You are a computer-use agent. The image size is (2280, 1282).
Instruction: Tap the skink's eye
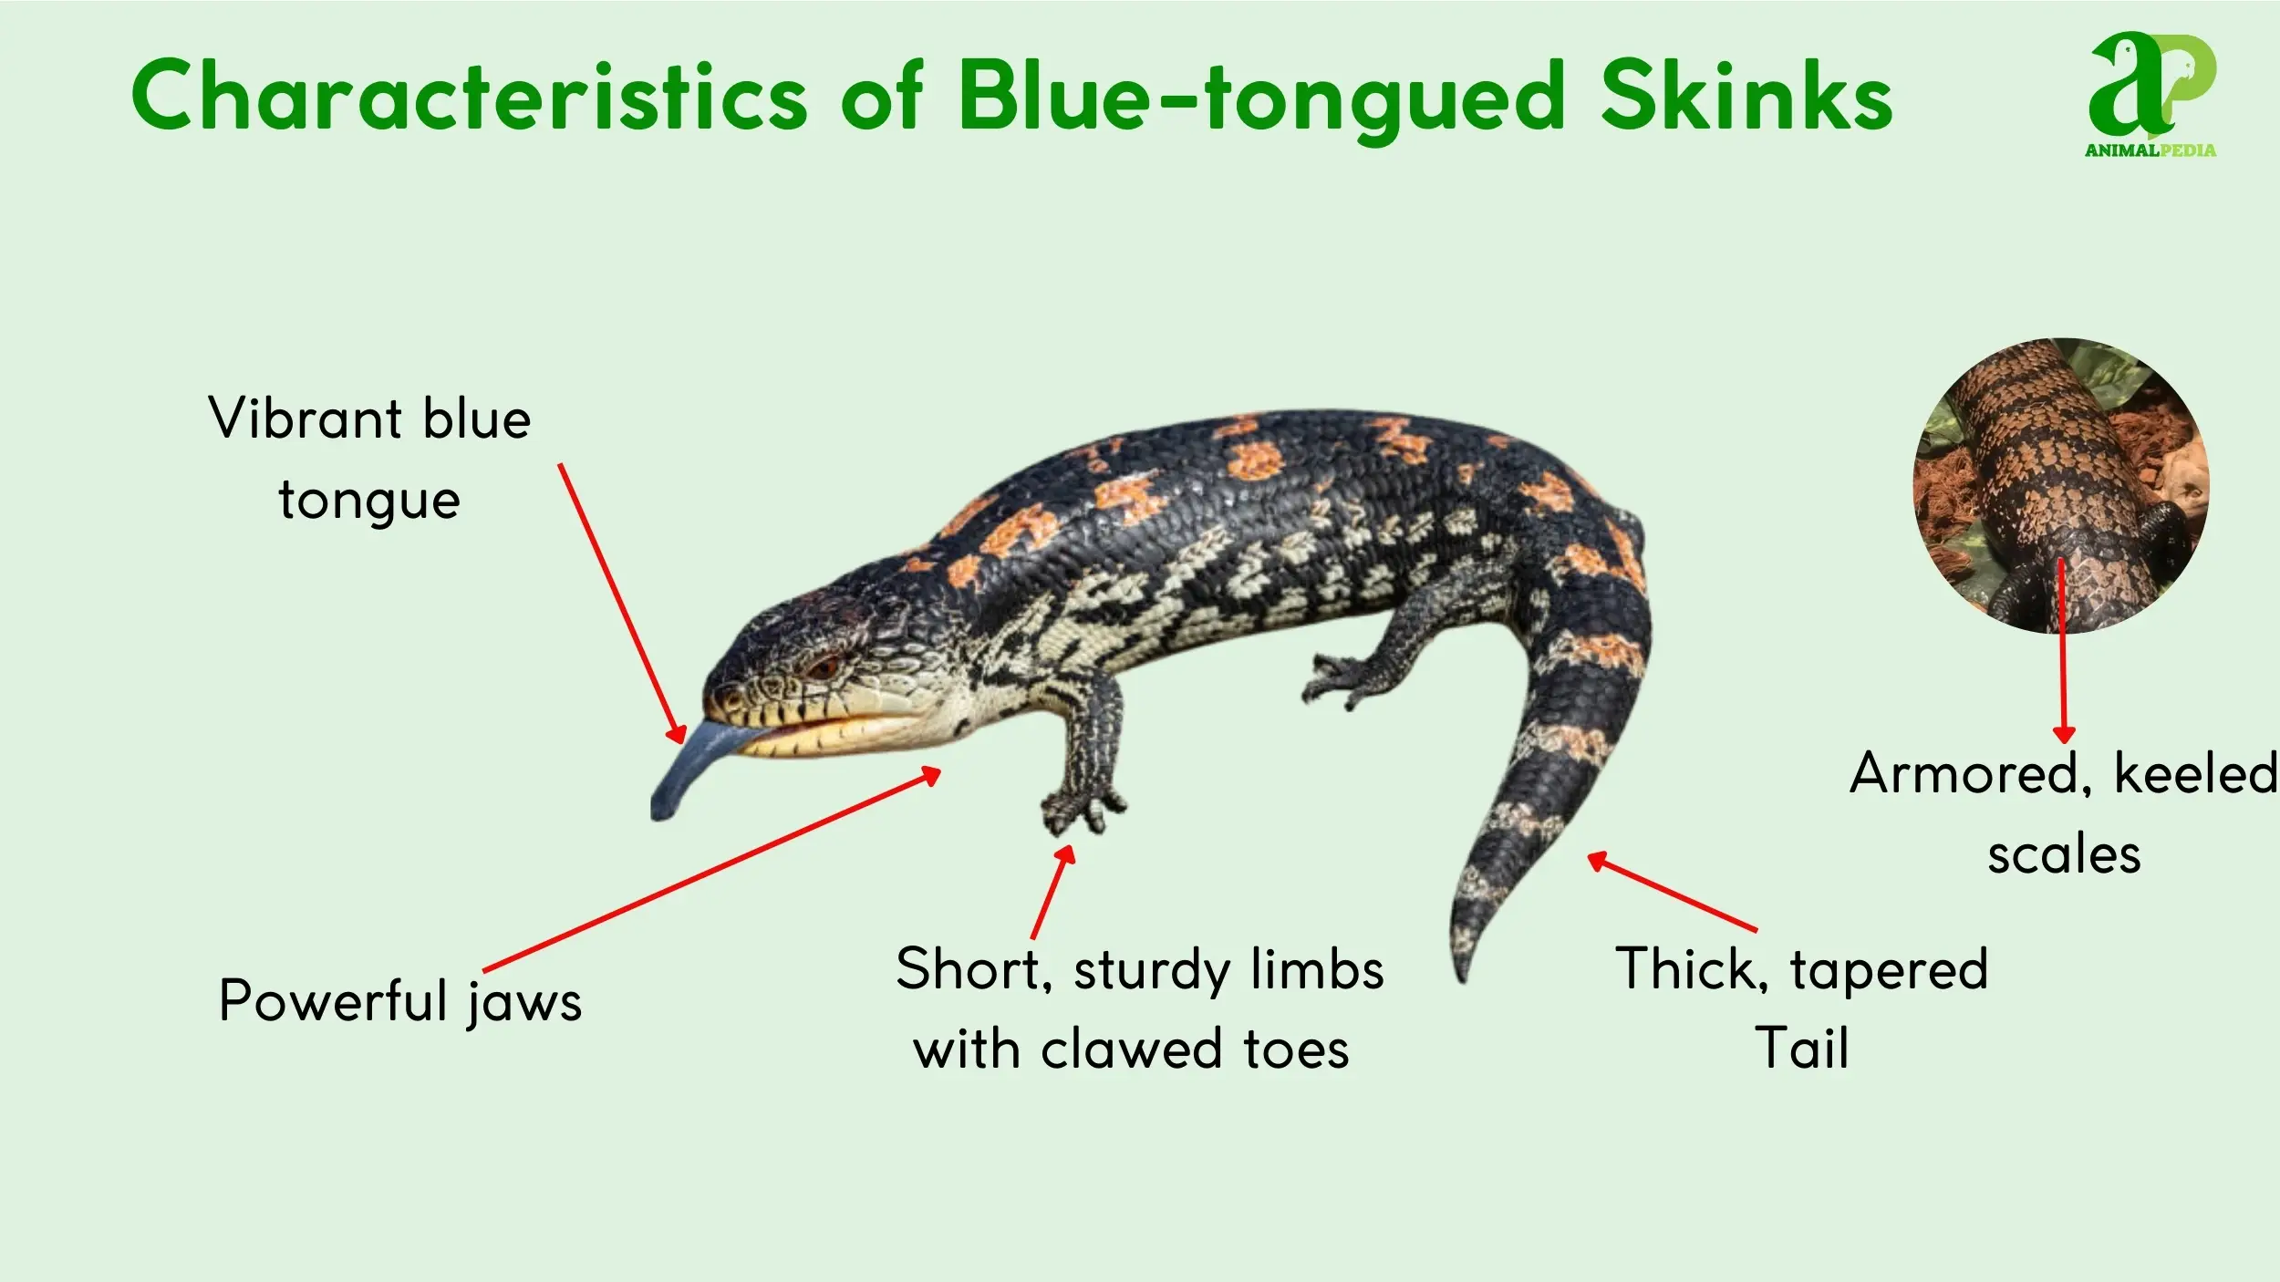click(x=824, y=667)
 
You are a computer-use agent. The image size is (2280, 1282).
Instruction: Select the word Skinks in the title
click(x=1746, y=94)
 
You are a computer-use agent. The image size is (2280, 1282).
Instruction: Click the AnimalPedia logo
click(x=2150, y=95)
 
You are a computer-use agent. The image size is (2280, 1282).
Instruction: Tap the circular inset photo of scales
click(x=2061, y=485)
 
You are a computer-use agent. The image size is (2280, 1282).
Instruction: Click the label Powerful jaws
click(x=400, y=1002)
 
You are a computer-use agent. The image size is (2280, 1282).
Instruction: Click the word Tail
click(x=1802, y=1048)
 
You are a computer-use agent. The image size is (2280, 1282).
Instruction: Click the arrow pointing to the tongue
click(x=622, y=604)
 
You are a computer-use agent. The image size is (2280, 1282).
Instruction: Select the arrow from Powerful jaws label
click(x=712, y=869)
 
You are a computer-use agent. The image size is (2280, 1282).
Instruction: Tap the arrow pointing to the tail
click(x=1672, y=892)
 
